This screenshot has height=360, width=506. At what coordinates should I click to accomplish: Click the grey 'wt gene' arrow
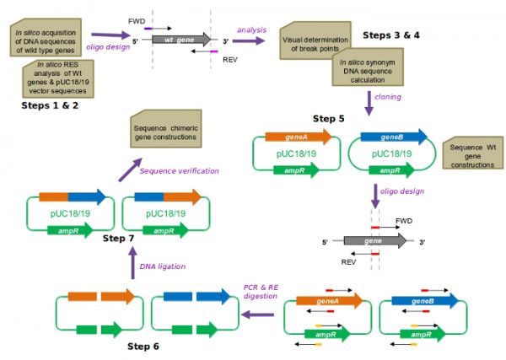click(181, 40)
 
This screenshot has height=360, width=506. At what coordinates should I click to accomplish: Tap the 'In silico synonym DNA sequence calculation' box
click(368, 67)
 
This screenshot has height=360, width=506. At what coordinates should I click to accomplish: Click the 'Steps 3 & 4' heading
click(391, 35)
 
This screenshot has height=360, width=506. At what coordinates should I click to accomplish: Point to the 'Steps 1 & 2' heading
click(50, 105)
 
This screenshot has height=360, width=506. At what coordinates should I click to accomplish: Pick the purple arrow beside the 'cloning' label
click(369, 103)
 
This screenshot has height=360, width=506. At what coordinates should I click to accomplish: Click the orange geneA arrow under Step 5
click(299, 137)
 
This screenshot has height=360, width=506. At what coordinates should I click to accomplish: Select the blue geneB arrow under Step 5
click(394, 137)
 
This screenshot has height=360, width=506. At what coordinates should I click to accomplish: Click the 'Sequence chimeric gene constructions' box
click(166, 129)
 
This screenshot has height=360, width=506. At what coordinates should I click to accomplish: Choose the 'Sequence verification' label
click(179, 171)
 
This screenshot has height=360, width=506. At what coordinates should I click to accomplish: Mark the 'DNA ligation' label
click(163, 266)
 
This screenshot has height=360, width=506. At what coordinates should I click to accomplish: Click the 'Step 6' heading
click(143, 347)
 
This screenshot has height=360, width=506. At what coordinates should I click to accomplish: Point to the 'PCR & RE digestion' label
click(261, 292)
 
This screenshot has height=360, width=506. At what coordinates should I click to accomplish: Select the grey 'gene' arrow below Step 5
click(375, 241)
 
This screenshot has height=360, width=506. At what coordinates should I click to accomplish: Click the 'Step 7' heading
click(118, 239)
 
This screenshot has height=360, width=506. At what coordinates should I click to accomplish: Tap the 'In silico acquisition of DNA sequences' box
click(46, 37)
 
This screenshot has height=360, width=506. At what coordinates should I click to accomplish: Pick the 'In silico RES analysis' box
click(58, 78)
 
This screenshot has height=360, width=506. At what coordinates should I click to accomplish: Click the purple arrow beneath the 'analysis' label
click(249, 41)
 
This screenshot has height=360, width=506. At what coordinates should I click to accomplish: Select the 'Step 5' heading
click(329, 119)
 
